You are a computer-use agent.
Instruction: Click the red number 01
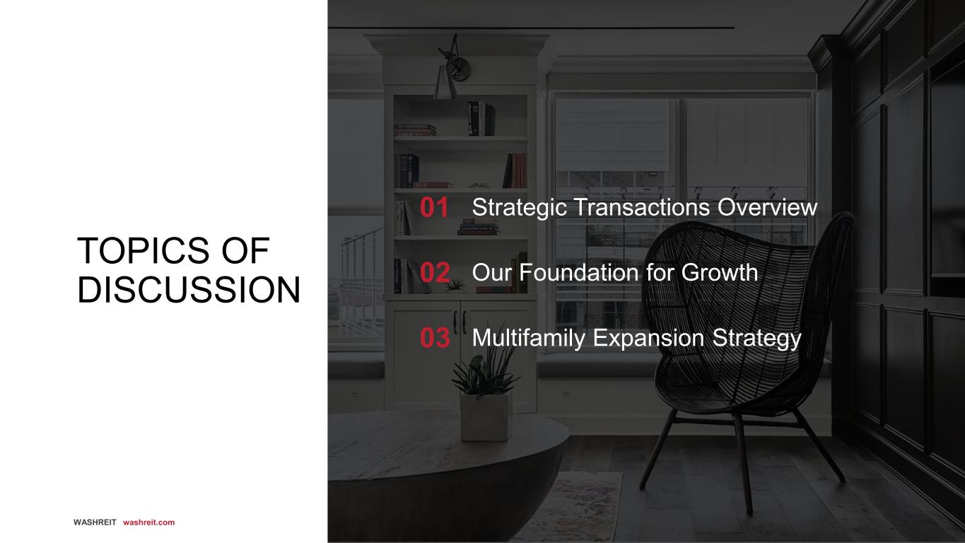pos(434,207)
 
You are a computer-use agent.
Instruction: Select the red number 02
pos(435,272)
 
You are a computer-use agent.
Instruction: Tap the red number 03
pos(435,337)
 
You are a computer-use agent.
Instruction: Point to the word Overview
pos(767,207)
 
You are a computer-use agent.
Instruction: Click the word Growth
pos(720,272)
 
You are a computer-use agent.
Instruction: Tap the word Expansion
pos(648,338)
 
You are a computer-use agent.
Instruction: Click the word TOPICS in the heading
pos(143,251)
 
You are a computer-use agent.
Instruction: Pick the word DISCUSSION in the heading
pos(189,290)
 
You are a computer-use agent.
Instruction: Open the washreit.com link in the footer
pos(149,522)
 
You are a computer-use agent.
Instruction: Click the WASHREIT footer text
pos(95,522)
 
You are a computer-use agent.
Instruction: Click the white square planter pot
pos(486,416)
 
